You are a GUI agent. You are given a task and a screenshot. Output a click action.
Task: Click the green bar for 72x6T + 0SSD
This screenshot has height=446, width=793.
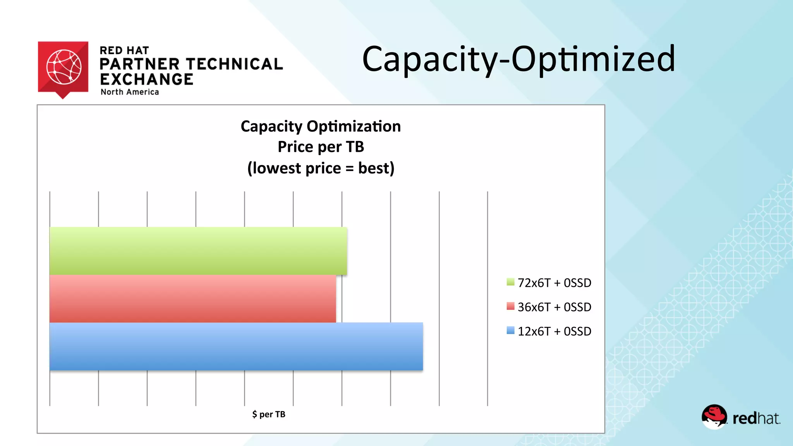coord(198,250)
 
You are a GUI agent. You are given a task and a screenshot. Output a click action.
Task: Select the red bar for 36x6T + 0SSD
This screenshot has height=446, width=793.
coord(192,298)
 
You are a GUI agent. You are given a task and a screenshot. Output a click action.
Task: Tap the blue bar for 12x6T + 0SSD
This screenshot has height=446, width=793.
coord(236,346)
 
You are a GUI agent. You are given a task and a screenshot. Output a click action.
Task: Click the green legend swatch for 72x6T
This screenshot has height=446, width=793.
coord(510,282)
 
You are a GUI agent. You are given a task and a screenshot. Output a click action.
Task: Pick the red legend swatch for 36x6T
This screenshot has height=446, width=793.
coord(510,306)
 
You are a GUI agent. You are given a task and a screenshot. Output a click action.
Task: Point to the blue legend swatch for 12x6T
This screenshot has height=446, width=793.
coord(510,331)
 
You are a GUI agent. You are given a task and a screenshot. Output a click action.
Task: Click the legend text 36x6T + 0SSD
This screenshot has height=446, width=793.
coord(554,307)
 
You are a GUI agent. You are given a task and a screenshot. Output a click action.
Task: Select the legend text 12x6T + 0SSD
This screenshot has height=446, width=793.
coord(554,331)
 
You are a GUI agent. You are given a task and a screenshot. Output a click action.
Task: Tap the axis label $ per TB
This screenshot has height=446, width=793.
coord(269,414)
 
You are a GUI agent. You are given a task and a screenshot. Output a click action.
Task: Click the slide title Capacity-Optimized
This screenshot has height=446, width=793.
coord(518,59)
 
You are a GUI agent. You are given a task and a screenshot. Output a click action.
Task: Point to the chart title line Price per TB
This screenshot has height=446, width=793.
coord(321,147)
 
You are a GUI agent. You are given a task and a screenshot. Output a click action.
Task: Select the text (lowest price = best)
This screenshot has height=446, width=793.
coord(321,168)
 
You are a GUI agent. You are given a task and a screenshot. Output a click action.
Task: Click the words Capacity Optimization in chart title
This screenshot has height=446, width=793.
coord(321,126)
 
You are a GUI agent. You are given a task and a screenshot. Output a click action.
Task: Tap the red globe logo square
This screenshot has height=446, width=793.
coord(63,67)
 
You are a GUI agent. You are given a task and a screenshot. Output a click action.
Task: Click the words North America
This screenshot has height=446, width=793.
coord(130,92)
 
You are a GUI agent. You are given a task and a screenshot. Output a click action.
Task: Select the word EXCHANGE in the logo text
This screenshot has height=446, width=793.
coord(147,79)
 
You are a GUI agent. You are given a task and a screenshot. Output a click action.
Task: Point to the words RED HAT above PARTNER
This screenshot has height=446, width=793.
coord(124,51)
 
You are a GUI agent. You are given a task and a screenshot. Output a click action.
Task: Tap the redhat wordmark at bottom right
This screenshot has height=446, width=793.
coord(756,419)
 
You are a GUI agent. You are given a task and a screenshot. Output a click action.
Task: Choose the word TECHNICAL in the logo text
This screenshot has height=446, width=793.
coord(235,64)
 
